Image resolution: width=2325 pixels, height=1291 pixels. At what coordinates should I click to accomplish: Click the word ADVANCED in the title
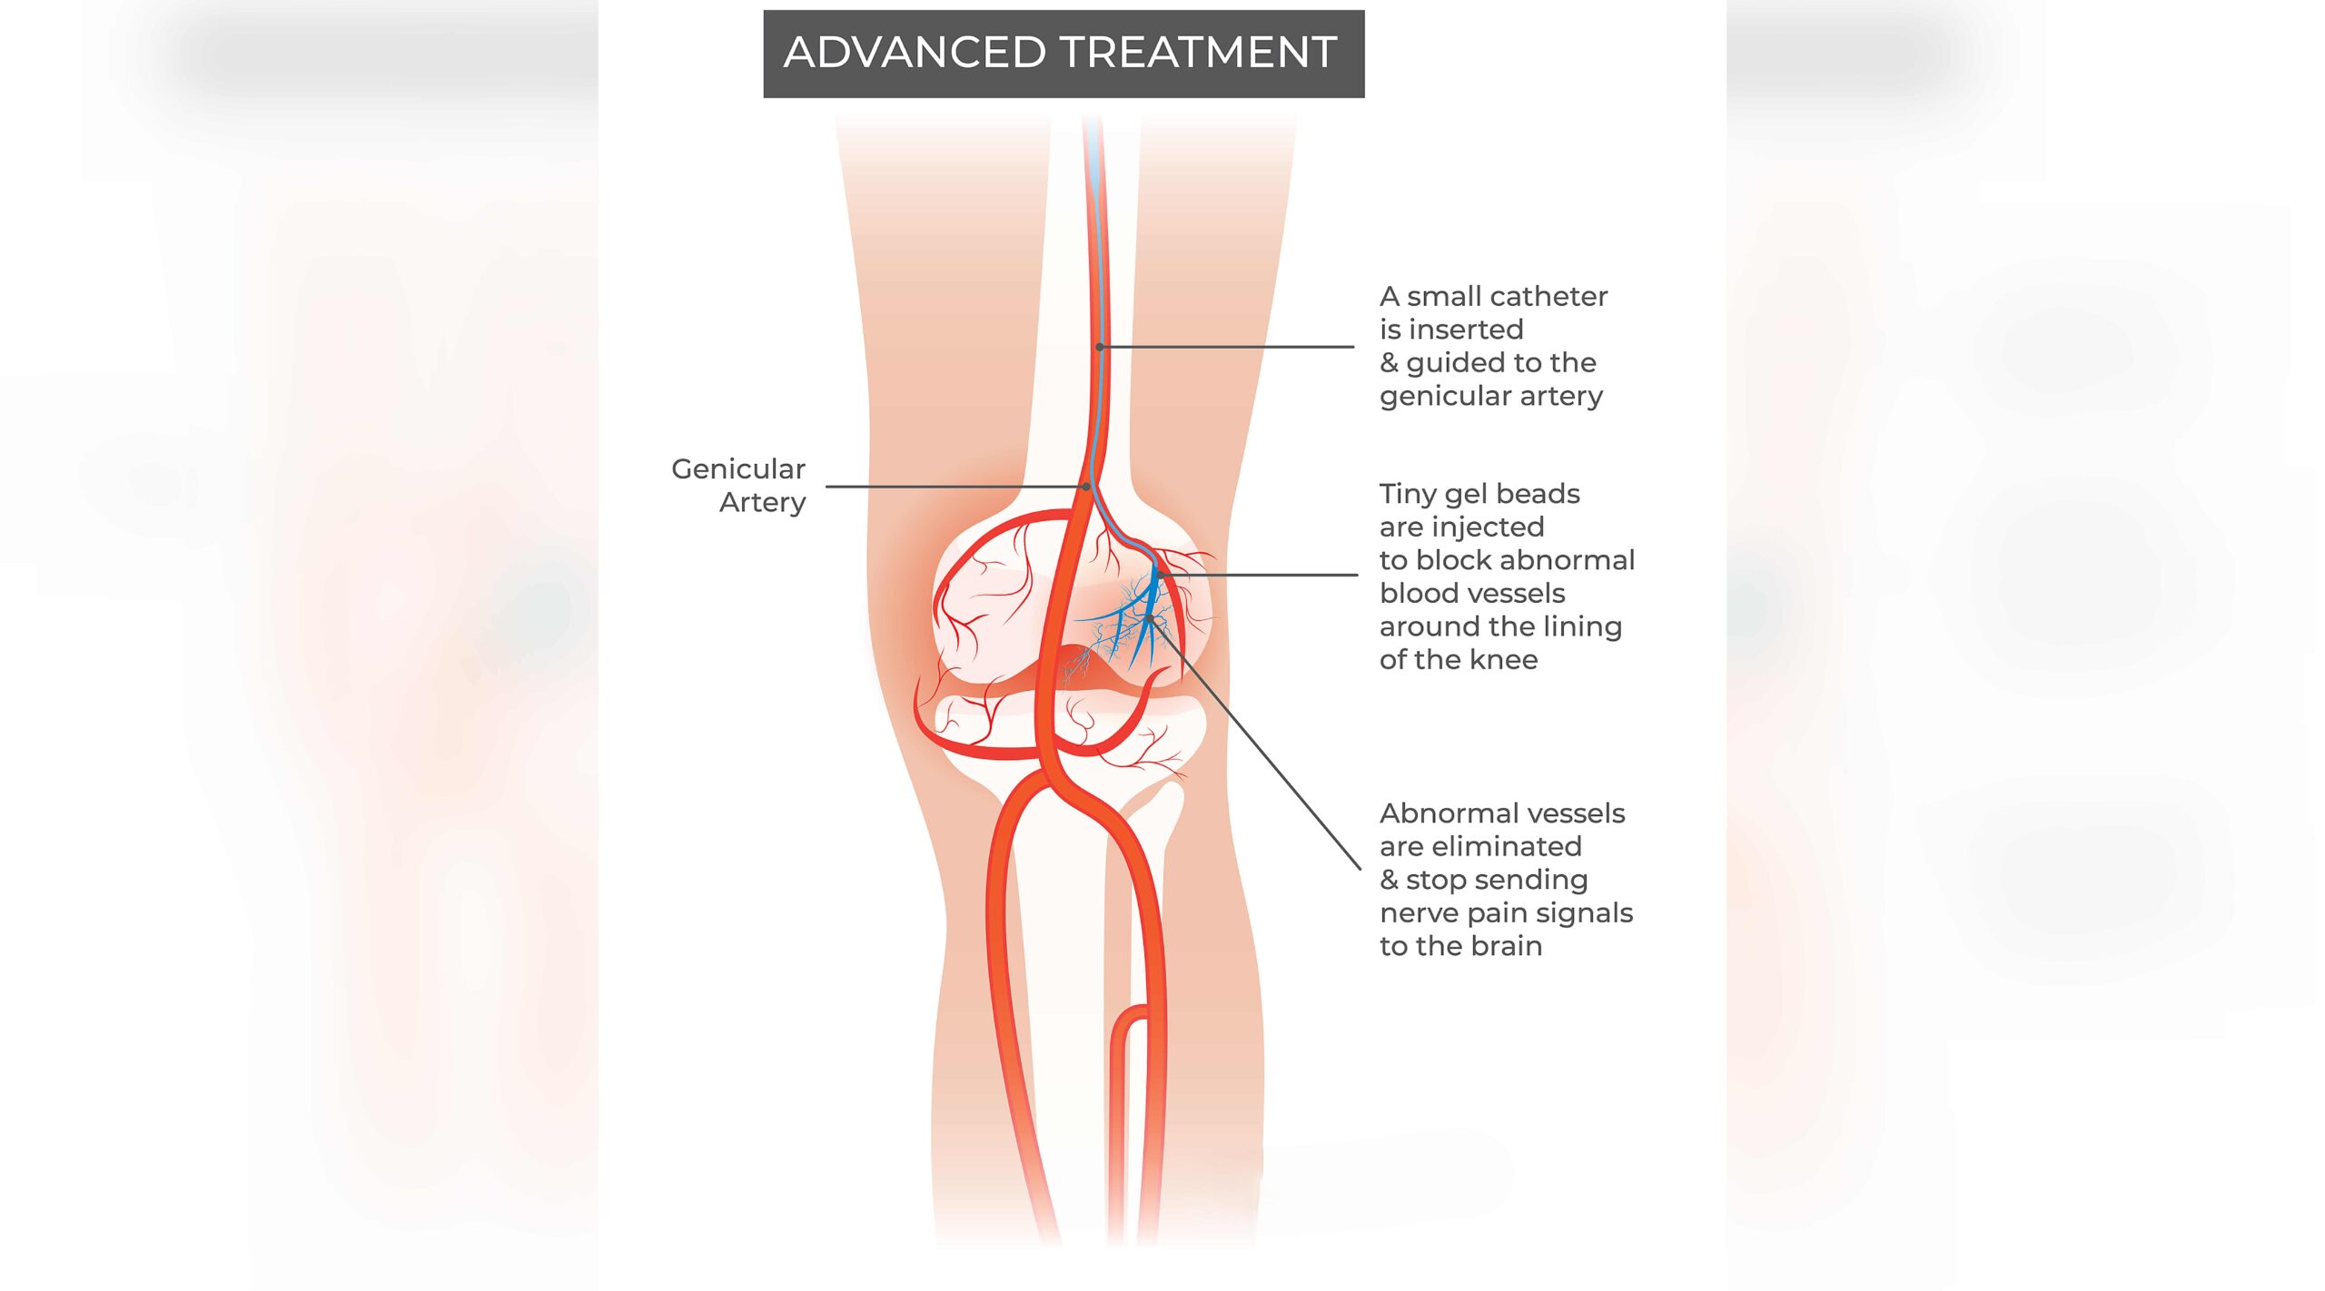[915, 52]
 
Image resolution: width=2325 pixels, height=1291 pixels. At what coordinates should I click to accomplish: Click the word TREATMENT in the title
[1199, 52]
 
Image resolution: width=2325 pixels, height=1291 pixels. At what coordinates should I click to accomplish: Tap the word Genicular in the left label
[738, 468]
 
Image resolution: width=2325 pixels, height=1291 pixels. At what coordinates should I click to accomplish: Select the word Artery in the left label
[763, 502]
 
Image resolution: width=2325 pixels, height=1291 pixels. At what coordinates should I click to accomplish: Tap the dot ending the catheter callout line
[1100, 347]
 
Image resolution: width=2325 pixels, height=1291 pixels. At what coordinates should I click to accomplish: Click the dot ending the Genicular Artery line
[1086, 487]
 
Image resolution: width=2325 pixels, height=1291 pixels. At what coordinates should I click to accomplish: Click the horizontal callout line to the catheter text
[1227, 347]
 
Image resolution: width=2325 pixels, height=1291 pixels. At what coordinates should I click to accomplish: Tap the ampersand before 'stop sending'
[1389, 880]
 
